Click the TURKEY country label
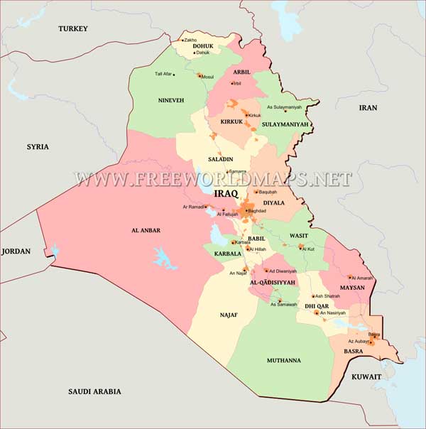73,28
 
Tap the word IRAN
368,107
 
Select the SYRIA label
38,146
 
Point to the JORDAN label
16,251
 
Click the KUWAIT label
366,376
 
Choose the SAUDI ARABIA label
94,391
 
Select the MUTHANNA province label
283,360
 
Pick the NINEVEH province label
171,100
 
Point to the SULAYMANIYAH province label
285,124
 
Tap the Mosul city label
207,77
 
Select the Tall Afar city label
163,74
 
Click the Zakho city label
190,40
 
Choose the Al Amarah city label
361,278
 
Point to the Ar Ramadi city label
193,207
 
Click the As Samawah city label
283,305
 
